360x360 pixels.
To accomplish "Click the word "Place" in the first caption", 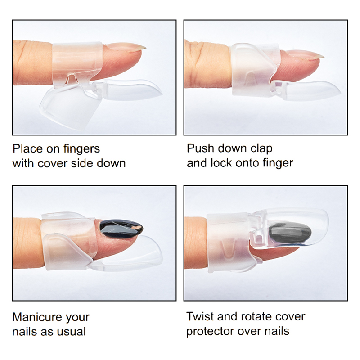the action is point(27,149).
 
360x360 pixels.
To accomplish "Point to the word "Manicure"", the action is point(37,317).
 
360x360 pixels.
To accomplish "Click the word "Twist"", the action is point(200,316).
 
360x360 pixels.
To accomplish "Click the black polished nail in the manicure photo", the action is point(121,229).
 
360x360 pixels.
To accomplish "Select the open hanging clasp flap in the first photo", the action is point(70,104).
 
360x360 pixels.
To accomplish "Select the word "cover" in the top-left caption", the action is point(53,164).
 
